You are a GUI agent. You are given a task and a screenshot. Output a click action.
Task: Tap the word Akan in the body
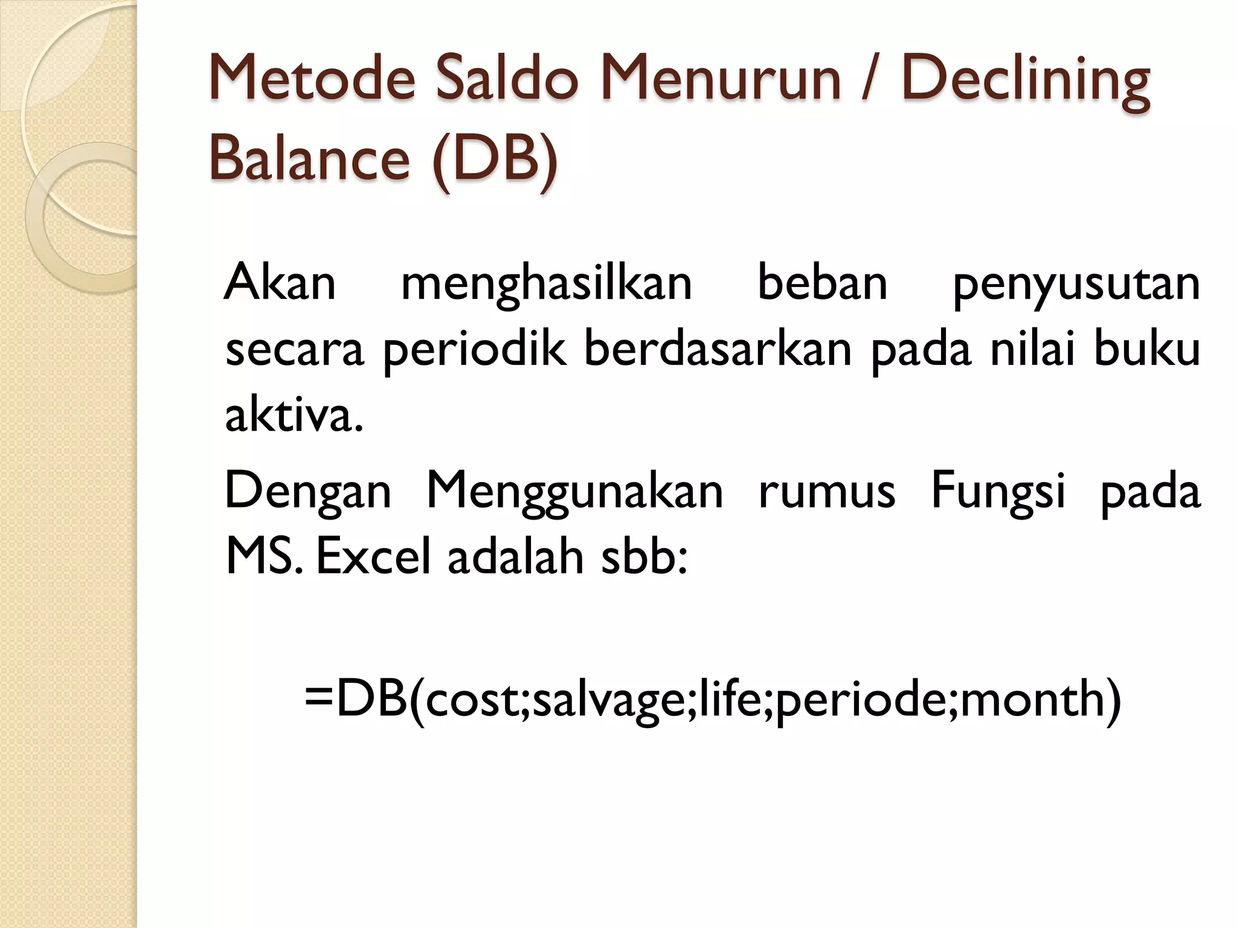(280, 283)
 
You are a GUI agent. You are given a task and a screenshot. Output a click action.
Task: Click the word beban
(822, 282)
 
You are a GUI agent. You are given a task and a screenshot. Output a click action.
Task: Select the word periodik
(475, 350)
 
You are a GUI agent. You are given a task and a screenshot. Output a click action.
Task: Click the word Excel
(374, 556)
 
